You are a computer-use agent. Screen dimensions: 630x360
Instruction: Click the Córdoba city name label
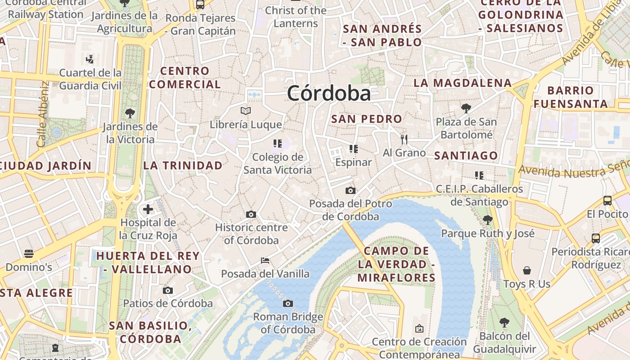click(329, 94)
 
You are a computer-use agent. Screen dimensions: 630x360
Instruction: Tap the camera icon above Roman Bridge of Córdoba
click(288, 303)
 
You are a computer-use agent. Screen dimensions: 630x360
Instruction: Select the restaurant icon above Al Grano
click(404, 139)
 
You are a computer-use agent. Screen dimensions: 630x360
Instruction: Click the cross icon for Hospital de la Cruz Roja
click(148, 209)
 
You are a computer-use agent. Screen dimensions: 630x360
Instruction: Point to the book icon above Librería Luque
click(245, 111)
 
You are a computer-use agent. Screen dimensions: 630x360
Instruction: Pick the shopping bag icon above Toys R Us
click(527, 270)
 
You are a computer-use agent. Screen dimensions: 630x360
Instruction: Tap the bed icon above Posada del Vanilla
click(265, 261)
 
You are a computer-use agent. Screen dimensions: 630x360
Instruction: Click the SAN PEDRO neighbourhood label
click(366, 119)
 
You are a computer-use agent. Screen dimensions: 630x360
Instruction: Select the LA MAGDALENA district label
click(463, 83)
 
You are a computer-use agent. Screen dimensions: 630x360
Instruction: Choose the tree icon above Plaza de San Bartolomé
click(466, 108)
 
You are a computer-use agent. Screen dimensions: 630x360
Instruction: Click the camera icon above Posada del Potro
click(351, 191)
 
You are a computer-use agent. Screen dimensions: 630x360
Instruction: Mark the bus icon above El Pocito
click(607, 201)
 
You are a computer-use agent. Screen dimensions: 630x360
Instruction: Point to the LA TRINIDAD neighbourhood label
click(183, 166)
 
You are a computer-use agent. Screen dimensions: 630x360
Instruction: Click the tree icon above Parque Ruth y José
click(487, 220)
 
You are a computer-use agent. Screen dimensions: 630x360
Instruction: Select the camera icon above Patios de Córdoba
click(168, 291)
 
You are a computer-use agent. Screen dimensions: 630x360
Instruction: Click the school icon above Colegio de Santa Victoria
click(277, 144)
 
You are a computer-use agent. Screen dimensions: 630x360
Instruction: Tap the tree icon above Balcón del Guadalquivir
click(504, 323)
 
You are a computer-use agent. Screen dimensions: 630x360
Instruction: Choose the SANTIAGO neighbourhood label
click(466, 156)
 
